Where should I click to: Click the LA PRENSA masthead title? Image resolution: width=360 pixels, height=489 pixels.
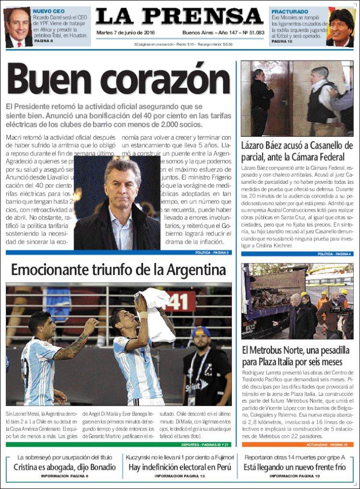click(180, 16)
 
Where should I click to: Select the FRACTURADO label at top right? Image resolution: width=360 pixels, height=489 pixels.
click(290, 11)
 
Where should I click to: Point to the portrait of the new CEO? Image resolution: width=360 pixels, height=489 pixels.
click(18, 27)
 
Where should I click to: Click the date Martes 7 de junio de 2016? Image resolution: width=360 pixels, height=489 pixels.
click(126, 33)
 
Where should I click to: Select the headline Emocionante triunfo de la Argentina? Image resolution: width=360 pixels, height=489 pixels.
click(118, 270)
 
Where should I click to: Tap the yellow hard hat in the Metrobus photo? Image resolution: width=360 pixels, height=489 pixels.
click(344, 292)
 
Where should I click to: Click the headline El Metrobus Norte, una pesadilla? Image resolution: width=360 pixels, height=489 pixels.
click(292, 355)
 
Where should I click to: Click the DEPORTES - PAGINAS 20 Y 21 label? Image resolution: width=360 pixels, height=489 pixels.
click(205, 444)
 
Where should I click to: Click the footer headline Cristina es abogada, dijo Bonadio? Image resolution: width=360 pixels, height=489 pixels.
click(64, 467)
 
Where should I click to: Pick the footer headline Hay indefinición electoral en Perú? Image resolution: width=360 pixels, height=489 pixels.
click(180, 467)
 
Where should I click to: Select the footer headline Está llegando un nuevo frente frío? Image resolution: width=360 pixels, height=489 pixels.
click(294, 467)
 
